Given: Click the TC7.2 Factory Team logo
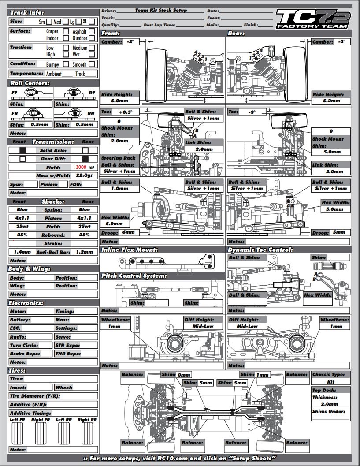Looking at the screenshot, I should pyautogui.click(x=312, y=19).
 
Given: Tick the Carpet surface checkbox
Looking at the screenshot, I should pyautogui.click(x=65, y=31).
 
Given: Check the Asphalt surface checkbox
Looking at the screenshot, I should pyautogui.click(x=91, y=31).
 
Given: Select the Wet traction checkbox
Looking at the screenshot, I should pyautogui.click(x=91, y=54).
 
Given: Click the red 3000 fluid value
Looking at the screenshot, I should pyautogui.click(x=82, y=168).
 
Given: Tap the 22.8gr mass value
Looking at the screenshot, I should pyautogui.click(x=85, y=175).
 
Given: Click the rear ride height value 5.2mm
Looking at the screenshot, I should pyautogui.click(x=332, y=101).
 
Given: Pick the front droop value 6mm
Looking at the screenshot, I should pyautogui.click(x=129, y=232).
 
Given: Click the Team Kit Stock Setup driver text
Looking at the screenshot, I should pyautogui.click(x=161, y=10).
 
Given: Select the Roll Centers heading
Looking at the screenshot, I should pyautogui.click(x=30, y=83).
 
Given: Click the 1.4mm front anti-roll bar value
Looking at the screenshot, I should pyautogui.click(x=22, y=252).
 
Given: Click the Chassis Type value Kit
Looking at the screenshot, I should pyautogui.click(x=331, y=382).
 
